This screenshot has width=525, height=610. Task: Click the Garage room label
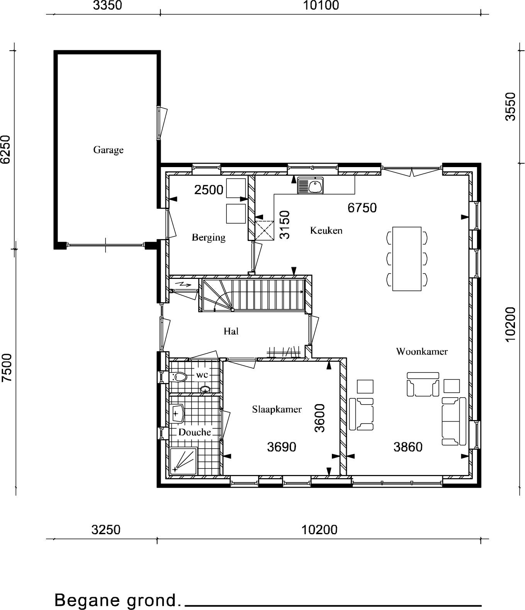pos(108,150)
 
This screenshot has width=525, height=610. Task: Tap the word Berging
pos(208,237)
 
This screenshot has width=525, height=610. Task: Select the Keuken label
pos(326,230)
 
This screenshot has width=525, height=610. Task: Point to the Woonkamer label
pos(422,351)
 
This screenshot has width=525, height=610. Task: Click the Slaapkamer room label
pos(277,409)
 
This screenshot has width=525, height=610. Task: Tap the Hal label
pos(231,331)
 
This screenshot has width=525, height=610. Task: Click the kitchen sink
pos(310,185)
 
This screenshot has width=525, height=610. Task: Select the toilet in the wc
pos(178,377)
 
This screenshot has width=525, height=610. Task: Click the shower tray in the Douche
pos(183,461)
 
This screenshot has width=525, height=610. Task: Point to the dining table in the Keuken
pos(406,259)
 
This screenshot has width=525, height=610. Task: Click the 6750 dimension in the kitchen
pos(362,208)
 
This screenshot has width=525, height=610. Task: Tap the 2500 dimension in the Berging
pos(209,190)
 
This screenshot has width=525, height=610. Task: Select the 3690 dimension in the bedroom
pos(282,447)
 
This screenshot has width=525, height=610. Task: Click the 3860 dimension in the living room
pos(408,447)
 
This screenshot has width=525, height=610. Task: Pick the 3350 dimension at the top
pos(107,5)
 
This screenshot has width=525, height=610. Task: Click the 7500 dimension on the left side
pos(7,367)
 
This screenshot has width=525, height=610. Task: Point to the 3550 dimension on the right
pos(511,106)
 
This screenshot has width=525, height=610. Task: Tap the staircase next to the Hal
pos(253,295)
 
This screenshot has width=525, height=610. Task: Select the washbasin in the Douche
pos(178,413)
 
